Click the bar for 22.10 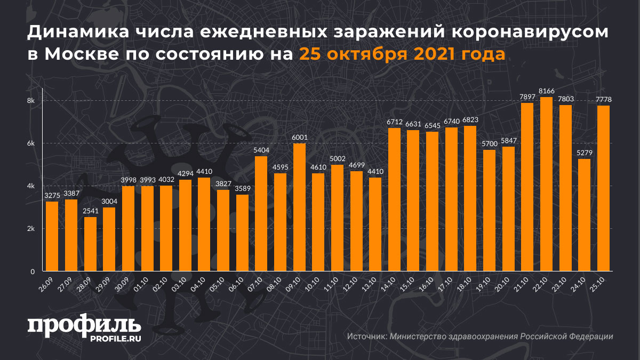[x=546, y=184]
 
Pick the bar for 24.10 [x=584, y=215]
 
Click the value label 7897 [x=527, y=97]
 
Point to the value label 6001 [x=299, y=137]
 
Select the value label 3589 [x=242, y=188]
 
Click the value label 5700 [x=489, y=143]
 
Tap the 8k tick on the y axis [x=31, y=101]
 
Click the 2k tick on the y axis [x=31, y=229]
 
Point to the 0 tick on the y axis [x=33, y=271]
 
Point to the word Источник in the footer [x=366, y=337]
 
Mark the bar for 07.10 [x=261, y=213]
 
